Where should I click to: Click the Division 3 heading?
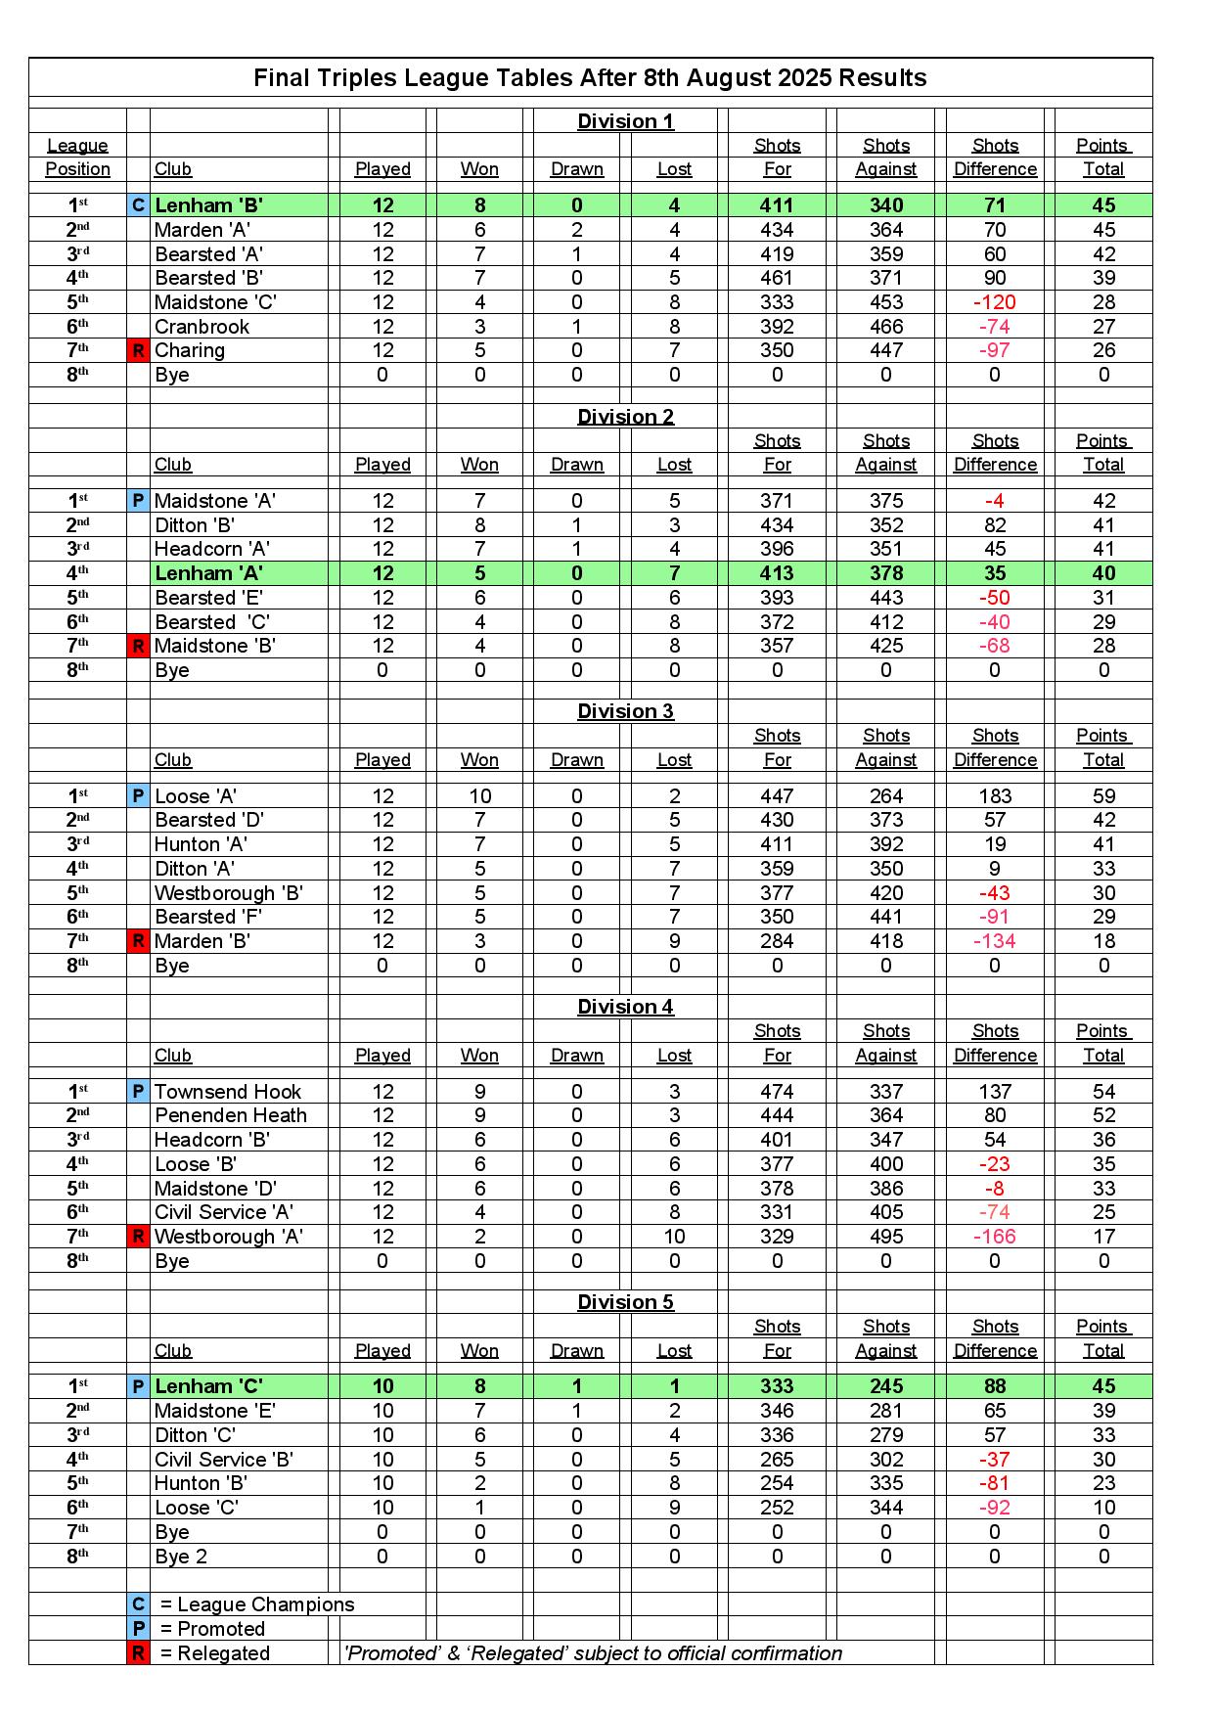pyautogui.click(x=625, y=711)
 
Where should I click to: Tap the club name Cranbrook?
pyautogui.click(x=202, y=327)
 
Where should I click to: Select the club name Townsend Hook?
pyautogui.click(x=228, y=1092)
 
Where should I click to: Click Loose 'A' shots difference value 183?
pyautogui.click(x=995, y=796)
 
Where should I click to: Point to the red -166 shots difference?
pyautogui.click(x=995, y=1237)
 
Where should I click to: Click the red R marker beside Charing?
pyautogui.click(x=138, y=350)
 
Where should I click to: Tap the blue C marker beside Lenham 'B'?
pyautogui.click(x=138, y=205)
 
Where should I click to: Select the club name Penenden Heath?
pyautogui.click(x=231, y=1115)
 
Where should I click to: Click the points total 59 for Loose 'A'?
pyautogui.click(x=1103, y=796)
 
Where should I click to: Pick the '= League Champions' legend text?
pyautogui.click(x=256, y=1604)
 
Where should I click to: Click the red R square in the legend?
pyautogui.click(x=138, y=1653)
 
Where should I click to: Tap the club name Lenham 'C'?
pyautogui.click(x=209, y=1386)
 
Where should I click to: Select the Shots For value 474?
pyautogui.click(x=777, y=1092)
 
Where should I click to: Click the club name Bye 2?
pyautogui.click(x=181, y=1557)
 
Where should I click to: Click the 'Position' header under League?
pyautogui.click(x=77, y=169)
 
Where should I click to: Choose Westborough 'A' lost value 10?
pyautogui.click(x=674, y=1237)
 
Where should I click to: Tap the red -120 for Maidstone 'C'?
pyautogui.click(x=995, y=302)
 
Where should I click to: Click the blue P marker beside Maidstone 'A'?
pyautogui.click(x=138, y=501)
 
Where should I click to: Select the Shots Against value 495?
pyautogui.click(x=885, y=1237)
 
